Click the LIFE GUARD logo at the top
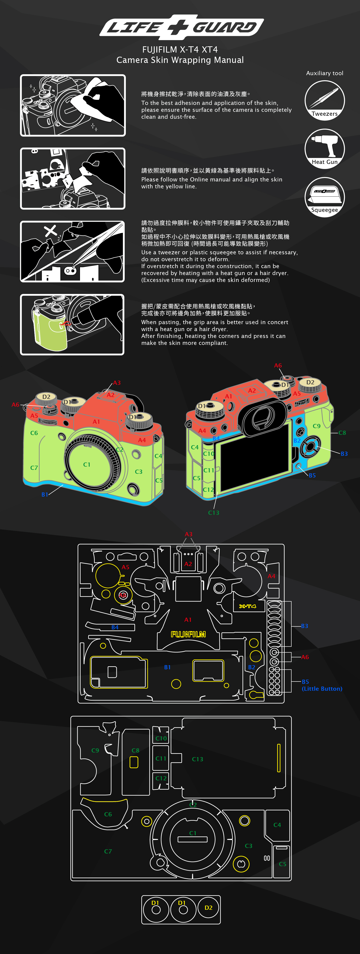[x=181, y=27]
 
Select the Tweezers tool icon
[x=325, y=100]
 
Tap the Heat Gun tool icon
[x=325, y=148]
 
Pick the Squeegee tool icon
[x=325, y=197]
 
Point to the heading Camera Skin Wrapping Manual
[x=180, y=60]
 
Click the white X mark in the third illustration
[x=50, y=231]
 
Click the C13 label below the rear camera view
[x=214, y=513]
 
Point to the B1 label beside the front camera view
[x=45, y=494]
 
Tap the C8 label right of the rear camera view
[x=342, y=433]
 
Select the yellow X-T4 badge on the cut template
[x=247, y=606]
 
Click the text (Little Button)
[x=322, y=688]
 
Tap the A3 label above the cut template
[x=189, y=534]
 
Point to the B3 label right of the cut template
[x=304, y=626]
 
